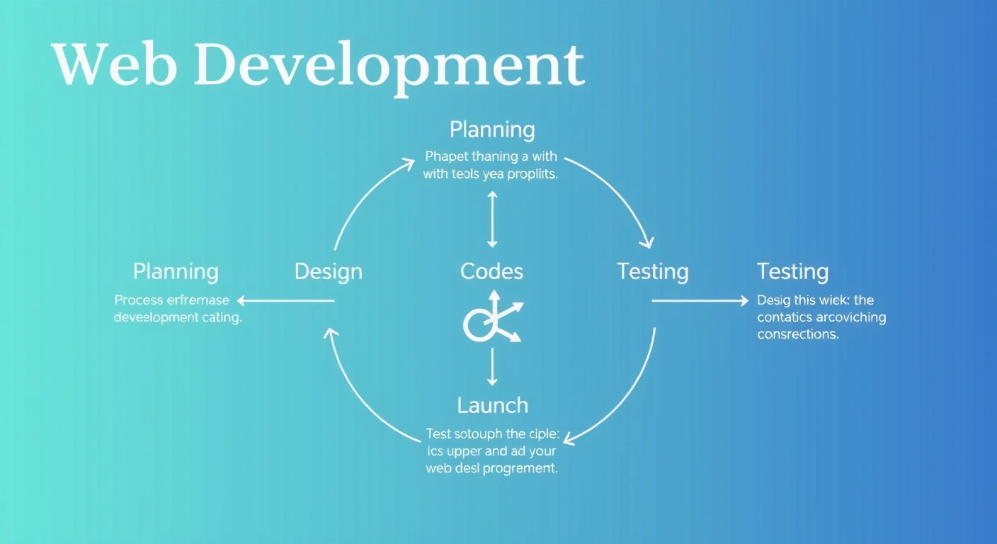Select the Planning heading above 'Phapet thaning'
[x=492, y=130]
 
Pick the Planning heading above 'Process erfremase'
[x=176, y=271]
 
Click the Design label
[x=328, y=271]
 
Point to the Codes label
[x=491, y=271]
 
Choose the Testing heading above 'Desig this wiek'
[x=792, y=271]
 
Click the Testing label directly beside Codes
[x=652, y=271]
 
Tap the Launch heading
[x=492, y=405]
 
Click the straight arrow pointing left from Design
[x=286, y=301]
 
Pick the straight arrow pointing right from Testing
[x=700, y=301]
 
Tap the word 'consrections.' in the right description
[x=797, y=334]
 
